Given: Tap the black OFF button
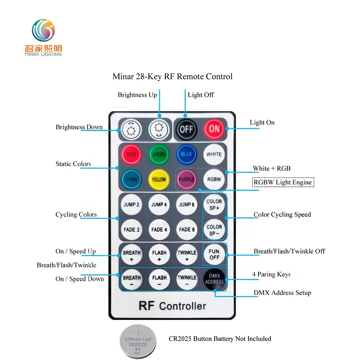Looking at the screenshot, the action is [186, 130].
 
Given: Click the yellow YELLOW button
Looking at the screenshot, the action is [159, 180].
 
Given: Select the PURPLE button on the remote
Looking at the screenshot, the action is [186, 180].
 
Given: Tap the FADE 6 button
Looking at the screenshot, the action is [186, 230].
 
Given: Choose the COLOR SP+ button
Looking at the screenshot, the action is [214, 204].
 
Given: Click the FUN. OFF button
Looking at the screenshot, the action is [215, 255].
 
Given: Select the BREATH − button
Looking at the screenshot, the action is [131, 279].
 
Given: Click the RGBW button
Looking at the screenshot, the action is [214, 180].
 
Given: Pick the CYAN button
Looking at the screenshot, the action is [131, 180].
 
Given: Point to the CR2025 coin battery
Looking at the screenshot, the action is [138, 342].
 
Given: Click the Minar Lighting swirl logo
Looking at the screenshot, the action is [44, 30].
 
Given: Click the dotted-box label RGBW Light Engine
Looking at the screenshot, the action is [283, 182].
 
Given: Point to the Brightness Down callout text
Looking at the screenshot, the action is [79, 127].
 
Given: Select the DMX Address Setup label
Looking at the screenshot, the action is [282, 293].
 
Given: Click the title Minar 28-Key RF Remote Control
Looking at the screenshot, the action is [172, 76].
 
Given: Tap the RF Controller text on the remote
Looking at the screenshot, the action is [172, 306].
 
